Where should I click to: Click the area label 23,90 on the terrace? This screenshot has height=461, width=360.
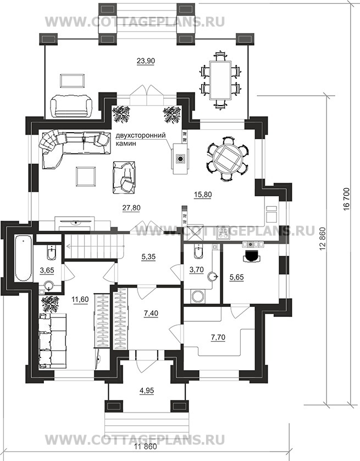click(146, 61)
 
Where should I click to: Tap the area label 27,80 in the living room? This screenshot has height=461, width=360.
click(131, 208)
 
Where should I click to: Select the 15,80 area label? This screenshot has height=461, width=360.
click(203, 194)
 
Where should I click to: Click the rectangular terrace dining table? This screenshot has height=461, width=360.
click(220, 80)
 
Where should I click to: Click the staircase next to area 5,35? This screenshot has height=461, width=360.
click(95, 245)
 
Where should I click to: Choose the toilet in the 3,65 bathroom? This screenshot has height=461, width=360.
click(52, 253)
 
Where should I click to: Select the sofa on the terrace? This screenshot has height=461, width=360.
click(71, 106)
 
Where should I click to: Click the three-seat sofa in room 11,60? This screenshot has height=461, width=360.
click(53, 341)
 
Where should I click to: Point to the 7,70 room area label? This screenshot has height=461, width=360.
click(218, 337)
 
